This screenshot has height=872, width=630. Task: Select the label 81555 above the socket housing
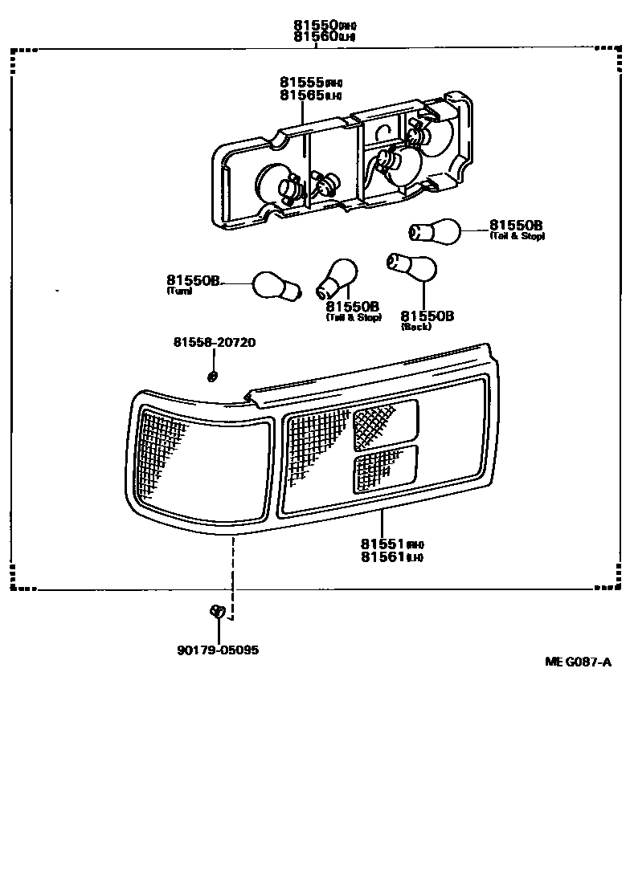tap(301, 82)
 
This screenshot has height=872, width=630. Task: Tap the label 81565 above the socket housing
tap(301, 95)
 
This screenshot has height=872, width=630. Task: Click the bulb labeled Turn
tap(278, 285)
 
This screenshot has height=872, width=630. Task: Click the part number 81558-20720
tap(214, 342)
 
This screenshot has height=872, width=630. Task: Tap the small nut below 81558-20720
tap(212, 375)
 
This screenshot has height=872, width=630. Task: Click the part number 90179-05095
tap(218, 650)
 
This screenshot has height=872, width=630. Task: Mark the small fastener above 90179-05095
tap(215, 611)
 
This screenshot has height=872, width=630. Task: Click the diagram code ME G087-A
tap(578, 662)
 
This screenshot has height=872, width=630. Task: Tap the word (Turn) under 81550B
tap(178, 291)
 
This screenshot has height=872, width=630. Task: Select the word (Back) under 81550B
tap(415, 327)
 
